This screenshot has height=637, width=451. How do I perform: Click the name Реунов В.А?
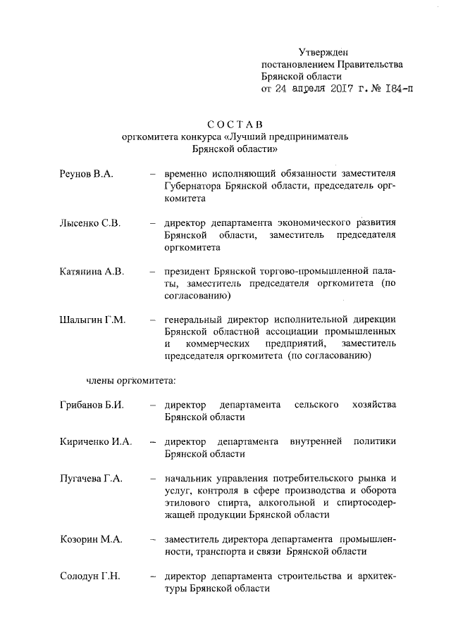click(87, 173)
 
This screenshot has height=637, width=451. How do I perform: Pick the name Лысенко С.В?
click(91, 222)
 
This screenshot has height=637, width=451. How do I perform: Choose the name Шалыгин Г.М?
click(92, 320)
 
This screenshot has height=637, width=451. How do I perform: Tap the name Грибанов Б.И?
click(92, 405)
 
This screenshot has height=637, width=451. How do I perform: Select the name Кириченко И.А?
click(96, 441)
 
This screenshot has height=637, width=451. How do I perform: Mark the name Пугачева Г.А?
click(92, 478)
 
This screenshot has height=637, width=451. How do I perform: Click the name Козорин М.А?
click(92, 539)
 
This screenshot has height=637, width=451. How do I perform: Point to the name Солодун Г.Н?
click(90, 576)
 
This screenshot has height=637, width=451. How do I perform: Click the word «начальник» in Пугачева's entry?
click(190, 478)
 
